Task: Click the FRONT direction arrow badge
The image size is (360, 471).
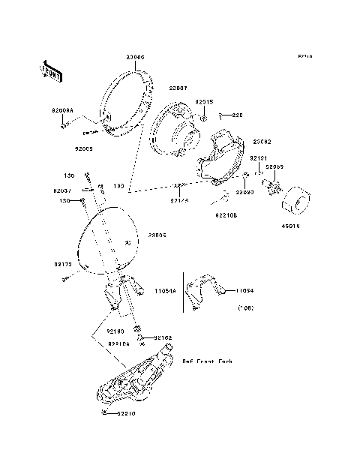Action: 47,71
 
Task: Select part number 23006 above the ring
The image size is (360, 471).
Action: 135,57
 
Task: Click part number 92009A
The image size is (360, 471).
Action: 63,110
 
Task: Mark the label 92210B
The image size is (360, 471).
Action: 226,214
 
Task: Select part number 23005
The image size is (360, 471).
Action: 157,235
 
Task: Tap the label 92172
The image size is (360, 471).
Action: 63,264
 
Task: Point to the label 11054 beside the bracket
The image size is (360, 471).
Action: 246,289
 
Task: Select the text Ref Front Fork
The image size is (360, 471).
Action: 208,361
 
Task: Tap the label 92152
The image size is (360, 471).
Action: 163,338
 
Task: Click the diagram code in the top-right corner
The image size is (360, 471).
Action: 304,57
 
